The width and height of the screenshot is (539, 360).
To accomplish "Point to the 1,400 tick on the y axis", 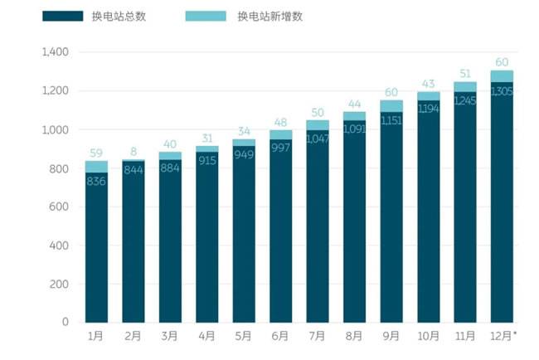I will [55, 52].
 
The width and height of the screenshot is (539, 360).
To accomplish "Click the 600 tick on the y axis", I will [60, 207].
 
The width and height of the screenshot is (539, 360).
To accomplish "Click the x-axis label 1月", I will [96, 336].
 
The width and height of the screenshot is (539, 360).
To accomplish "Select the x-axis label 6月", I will [280, 336].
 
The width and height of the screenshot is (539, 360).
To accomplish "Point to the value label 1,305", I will [501, 91].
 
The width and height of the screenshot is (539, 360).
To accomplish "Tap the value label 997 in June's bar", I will [280, 146].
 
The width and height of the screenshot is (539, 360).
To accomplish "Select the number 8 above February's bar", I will [133, 151].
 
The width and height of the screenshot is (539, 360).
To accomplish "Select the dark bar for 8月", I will [354, 224].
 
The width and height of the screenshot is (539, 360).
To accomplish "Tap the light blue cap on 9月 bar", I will [391, 106].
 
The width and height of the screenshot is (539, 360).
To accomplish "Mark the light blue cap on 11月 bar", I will [464, 86].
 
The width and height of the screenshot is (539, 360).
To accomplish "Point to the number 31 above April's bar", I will [206, 138].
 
